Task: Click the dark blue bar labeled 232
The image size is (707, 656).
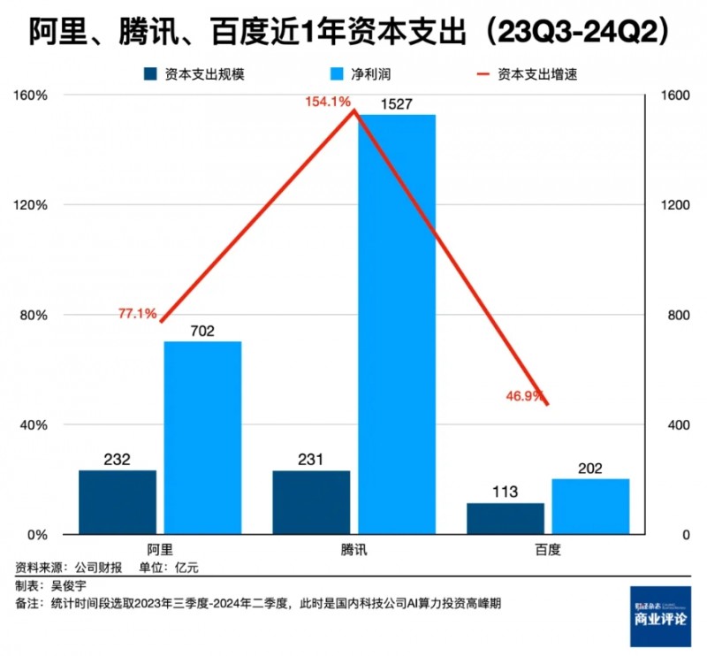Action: click(x=117, y=501)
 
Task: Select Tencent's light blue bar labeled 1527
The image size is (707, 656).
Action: click(x=397, y=324)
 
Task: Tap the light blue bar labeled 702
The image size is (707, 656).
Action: click(x=202, y=438)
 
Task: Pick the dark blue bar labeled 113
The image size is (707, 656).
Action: click(x=505, y=518)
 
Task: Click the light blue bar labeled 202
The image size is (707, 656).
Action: click(x=590, y=507)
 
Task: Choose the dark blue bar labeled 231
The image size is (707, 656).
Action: click(x=311, y=501)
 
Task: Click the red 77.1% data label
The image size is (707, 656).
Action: click(x=137, y=314)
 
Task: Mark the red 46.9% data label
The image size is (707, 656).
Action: click(x=523, y=396)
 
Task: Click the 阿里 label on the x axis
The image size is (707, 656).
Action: click(x=159, y=549)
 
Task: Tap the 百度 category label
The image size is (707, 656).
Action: click(x=548, y=549)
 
